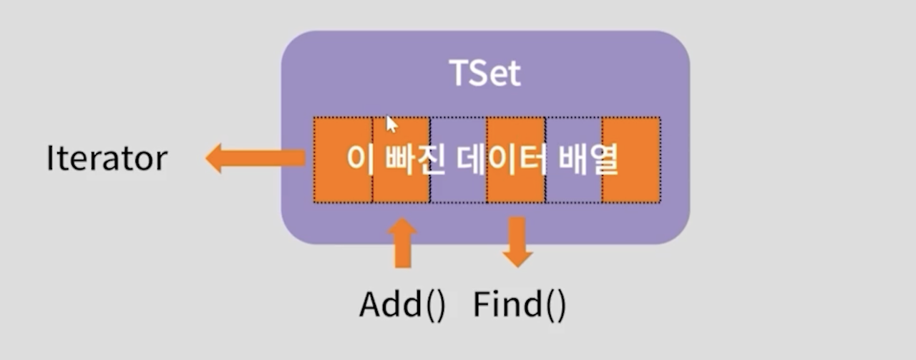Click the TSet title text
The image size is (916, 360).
coord(484,74)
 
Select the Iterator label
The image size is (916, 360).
coord(107,160)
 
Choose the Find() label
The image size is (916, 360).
coord(519,305)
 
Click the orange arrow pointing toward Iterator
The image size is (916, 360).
coord(254,159)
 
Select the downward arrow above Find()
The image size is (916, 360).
coord(517,240)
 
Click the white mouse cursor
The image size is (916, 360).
coord(391,125)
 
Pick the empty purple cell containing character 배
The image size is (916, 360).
coord(573,183)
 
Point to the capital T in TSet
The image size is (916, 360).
coord(459,74)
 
